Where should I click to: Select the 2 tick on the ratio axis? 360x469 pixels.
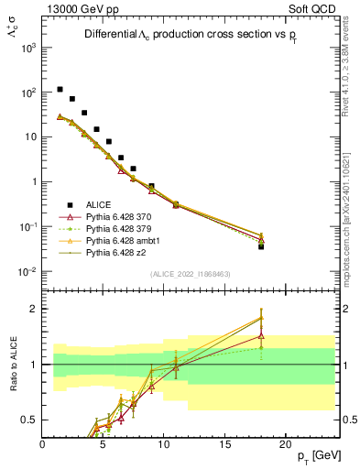pyautogui.click(x=34, y=309)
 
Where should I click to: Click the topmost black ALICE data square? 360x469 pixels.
pyautogui.click(x=60, y=90)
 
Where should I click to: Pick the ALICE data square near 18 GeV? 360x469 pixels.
pyautogui.click(x=261, y=246)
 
